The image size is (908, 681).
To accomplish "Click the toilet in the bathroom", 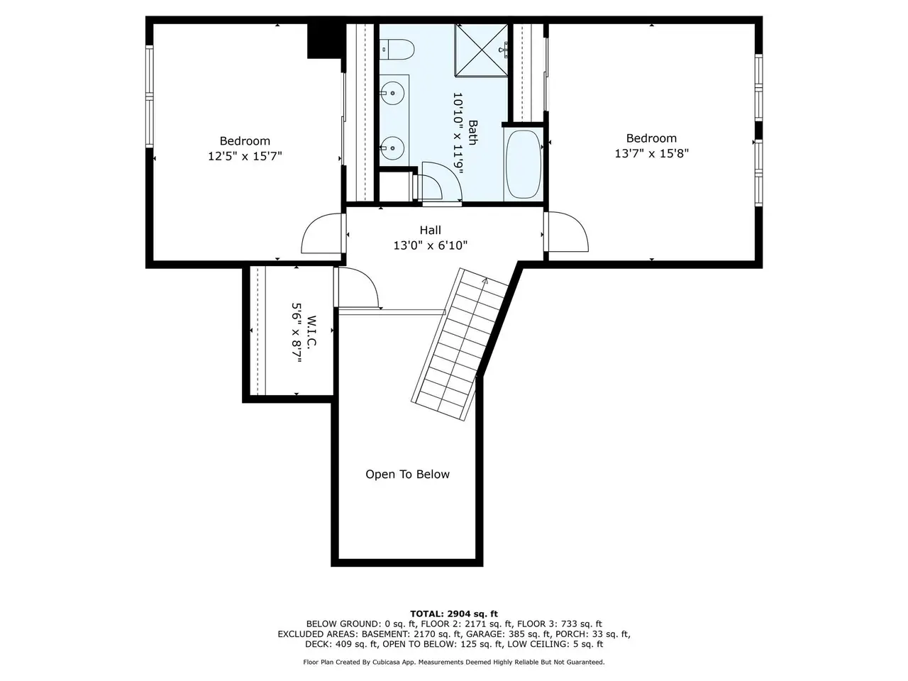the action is point(397,49).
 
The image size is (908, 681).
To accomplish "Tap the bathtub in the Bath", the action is point(524,164).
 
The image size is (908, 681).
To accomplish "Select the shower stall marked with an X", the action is point(482,50).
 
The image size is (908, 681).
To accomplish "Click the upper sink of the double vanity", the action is point(392,93).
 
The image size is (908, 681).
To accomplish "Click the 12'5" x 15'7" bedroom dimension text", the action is point(245,156).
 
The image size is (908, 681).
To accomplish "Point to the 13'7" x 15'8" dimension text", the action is point(651,153).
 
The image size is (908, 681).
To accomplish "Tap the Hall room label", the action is point(430,230).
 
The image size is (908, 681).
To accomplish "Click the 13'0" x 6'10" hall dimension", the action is point(430,245).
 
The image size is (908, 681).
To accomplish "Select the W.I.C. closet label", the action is point(311,331).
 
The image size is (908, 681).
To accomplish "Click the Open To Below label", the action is point(407,475).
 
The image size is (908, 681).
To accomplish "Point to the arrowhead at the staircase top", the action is point(485,281).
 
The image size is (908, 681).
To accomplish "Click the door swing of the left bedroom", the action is point(321,233).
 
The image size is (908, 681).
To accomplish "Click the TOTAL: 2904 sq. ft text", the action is point(454,614).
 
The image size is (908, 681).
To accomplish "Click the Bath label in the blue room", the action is point(472,133).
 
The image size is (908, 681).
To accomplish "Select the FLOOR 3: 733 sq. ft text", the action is point(560,624).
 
